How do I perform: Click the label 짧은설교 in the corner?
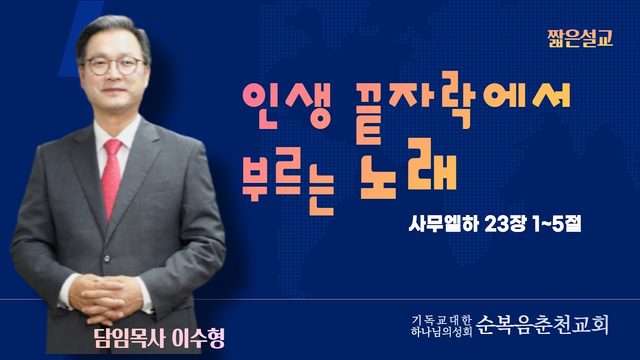pyautogui.click(x=580, y=39)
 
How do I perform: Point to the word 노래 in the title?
pyautogui.click(x=408, y=169)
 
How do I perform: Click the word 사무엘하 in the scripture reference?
pyautogui.click(x=443, y=223)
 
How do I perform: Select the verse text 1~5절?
pyautogui.click(x=557, y=223)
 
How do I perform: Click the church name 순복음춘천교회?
pyautogui.click(x=542, y=325)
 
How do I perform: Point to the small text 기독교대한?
pyautogui.click(x=442, y=319)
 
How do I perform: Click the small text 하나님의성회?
pyautogui.click(x=442, y=331)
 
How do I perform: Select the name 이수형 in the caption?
pyautogui.click(x=199, y=338)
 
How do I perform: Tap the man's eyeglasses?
pyautogui.click(x=113, y=66)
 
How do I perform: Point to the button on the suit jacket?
pyautogui.click(x=107, y=258)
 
